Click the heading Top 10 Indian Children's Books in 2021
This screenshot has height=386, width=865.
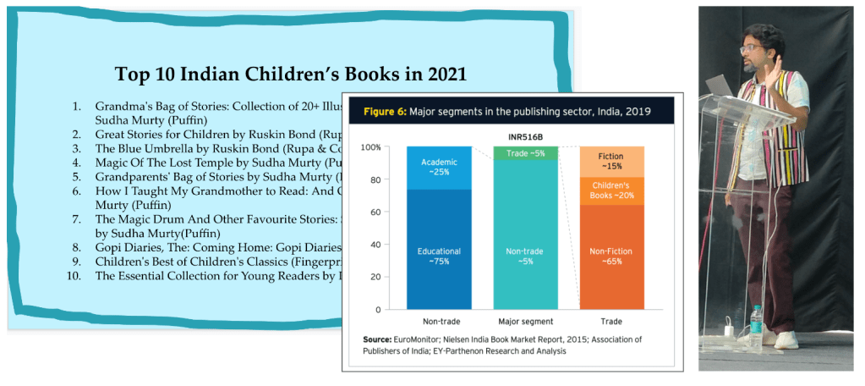coord(290,73)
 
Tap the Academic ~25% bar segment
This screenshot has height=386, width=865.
coord(438,168)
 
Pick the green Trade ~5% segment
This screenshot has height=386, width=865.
coord(525,153)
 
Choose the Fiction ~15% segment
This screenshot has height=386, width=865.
coord(610,162)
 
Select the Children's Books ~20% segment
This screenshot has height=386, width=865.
coord(610,190)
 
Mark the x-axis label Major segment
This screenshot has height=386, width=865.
coord(524,322)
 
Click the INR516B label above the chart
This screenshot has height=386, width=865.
coord(524,133)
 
